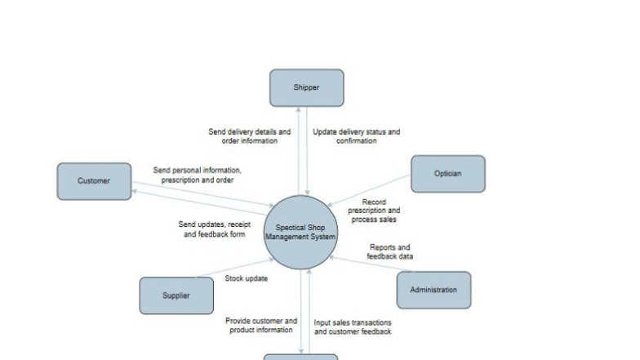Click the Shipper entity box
coord(307,88)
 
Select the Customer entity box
coord(95,181)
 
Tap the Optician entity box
coord(448,174)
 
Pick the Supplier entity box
coord(176,296)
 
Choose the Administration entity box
coord(434,290)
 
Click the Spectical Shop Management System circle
coord(300,232)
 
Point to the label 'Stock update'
coord(247,278)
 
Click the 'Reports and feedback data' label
coord(390,251)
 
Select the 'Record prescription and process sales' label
coord(374,211)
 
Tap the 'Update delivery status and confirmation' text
coord(356,136)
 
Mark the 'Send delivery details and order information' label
coord(250,136)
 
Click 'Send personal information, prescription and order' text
coord(198,175)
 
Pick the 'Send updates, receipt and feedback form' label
coord(214,229)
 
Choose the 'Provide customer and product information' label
coord(261,325)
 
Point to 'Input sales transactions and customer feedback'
coord(353,327)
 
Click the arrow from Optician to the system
coord(369,190)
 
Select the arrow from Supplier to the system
coord(235,268)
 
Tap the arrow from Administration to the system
coord(371,264)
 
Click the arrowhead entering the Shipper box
coord(299,109)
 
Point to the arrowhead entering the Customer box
coord(134,191)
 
